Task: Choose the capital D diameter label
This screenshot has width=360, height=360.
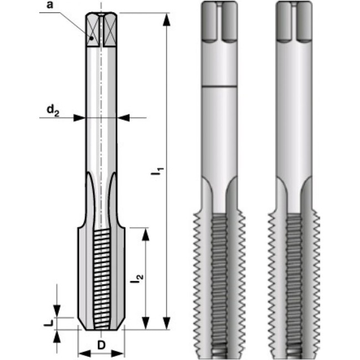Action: [x=101, y=345]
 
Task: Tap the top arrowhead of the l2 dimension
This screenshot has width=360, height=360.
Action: [x=146, y=232]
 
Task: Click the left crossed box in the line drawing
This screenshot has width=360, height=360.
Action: [x=92, y=29]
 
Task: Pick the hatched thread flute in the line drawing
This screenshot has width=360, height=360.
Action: [x=101, y=277]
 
